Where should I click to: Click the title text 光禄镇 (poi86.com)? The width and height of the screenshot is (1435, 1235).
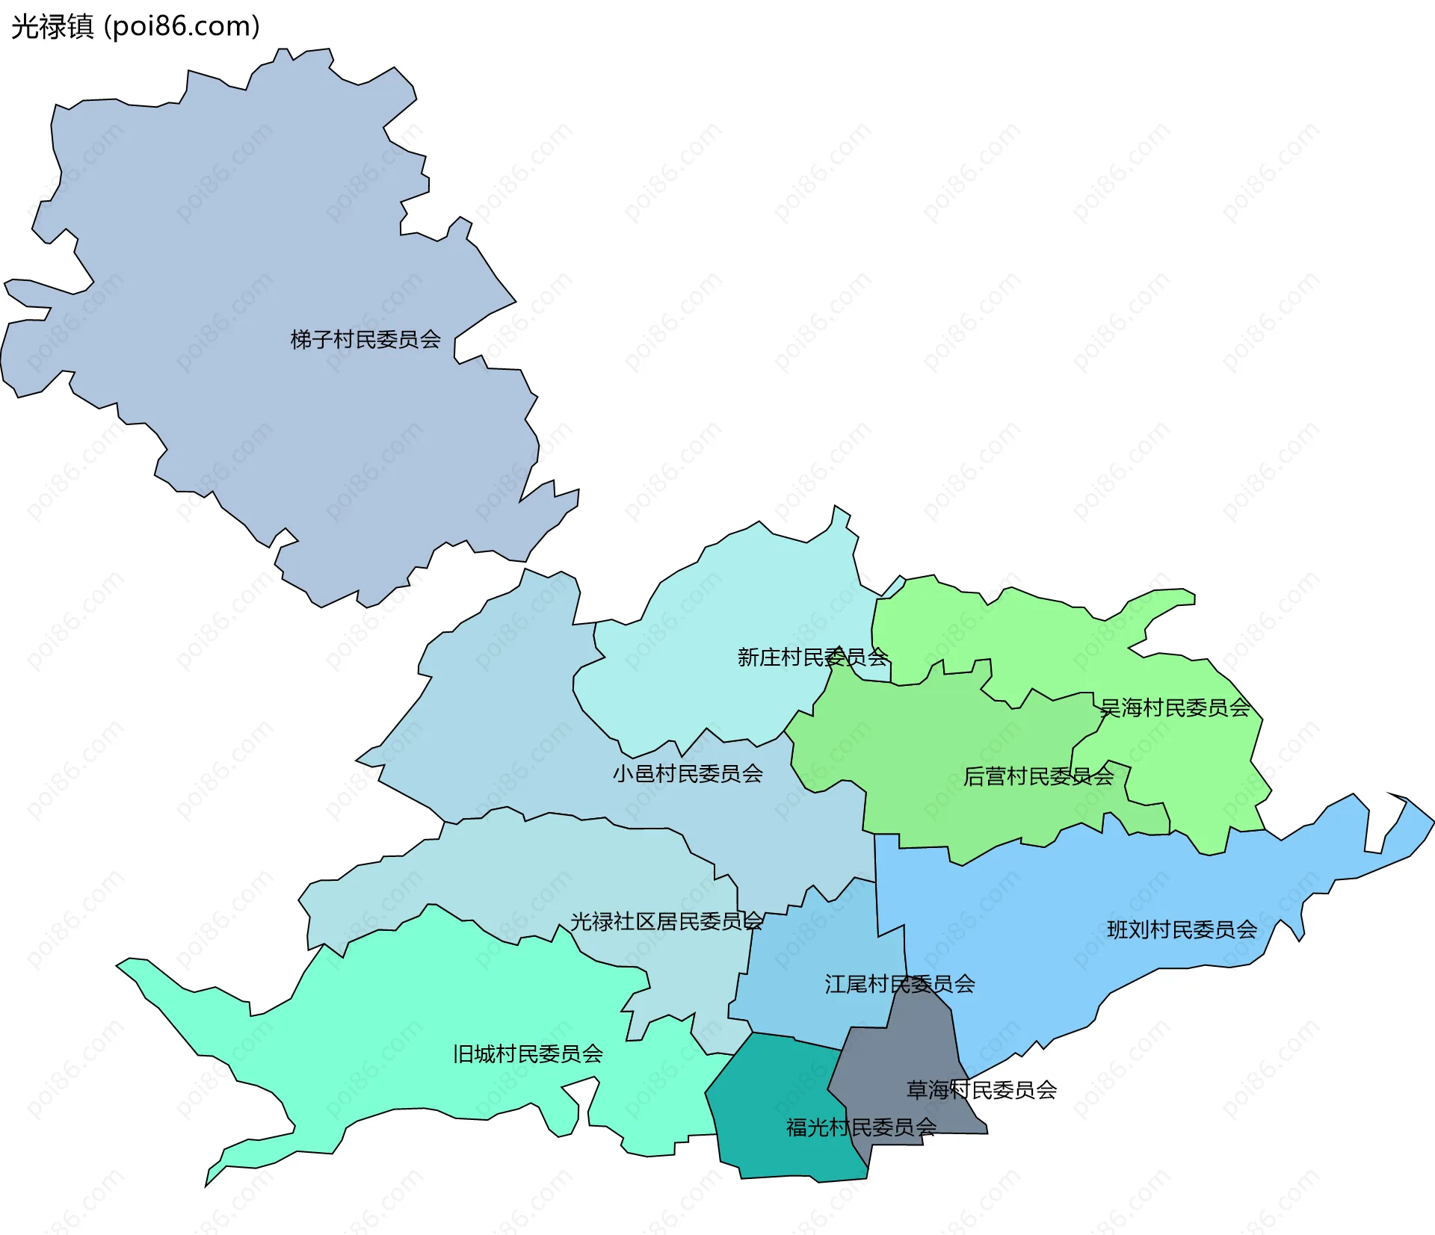pos(135,26)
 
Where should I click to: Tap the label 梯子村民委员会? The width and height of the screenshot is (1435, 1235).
pos(365,340)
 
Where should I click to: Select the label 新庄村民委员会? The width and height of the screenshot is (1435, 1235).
pos(812,657)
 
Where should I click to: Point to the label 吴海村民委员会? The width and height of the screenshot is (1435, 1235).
pos(1175,708)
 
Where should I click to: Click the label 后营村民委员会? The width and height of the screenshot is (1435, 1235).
pos(1038,777)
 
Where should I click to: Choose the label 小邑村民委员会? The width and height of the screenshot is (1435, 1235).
pos(688,773)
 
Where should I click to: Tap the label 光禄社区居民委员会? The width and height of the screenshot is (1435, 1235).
pos(667,921)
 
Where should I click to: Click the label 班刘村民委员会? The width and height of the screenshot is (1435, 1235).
pos(1182,929)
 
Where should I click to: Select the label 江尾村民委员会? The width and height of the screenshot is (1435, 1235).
pos(900,984)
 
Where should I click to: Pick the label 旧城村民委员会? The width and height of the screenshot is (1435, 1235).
pos(528,1054)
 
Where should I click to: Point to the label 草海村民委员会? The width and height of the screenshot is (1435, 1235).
pos(981,1090)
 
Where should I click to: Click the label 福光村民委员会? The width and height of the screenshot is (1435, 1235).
pos(861,1127)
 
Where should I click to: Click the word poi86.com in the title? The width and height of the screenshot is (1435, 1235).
pos(182,26)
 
